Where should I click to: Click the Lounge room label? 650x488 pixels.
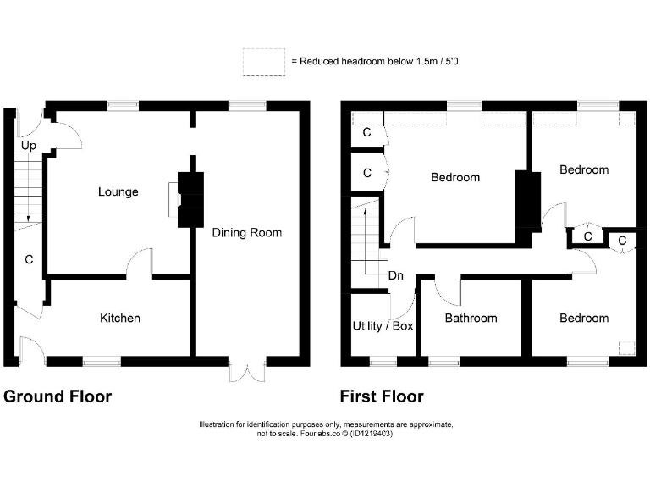point(118,192)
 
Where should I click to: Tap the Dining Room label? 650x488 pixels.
point(246,233)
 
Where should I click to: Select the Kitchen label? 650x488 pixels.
point(120,319)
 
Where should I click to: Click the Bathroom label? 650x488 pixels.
point(471,319)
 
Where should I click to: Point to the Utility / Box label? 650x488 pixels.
point(383,325)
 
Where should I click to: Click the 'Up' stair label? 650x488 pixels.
point(28,147)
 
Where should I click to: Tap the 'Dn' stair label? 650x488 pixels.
point(395,276)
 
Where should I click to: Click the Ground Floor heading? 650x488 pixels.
point(58,396)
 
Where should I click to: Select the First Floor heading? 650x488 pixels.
point(382,396)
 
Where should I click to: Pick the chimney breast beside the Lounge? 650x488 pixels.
point(190,200)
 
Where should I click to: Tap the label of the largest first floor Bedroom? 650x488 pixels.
point(455,178)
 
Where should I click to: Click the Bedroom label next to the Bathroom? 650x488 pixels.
point(584,319)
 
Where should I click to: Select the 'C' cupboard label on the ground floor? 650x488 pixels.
point(28,260)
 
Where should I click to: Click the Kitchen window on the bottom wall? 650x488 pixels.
point(102,362)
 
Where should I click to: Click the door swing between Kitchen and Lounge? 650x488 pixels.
point(140,263)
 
